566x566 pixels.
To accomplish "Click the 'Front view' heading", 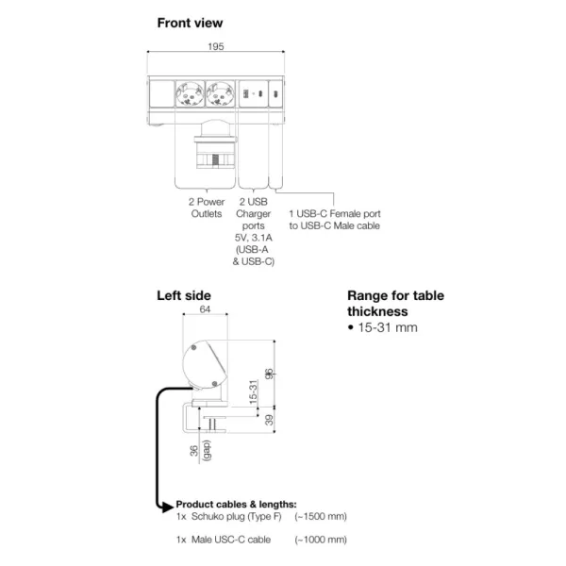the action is (x=190, y=23).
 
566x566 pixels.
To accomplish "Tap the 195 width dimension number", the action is (x=216, y=46).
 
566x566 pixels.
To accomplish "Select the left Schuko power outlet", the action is (x=190, y=93).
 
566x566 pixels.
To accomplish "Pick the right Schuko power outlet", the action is (x=220, y=93).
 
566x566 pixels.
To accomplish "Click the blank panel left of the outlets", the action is (x=161, y=93).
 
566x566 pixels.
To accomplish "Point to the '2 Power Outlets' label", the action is (x=207, y=208).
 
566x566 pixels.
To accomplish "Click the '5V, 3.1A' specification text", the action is (x=254, y=238).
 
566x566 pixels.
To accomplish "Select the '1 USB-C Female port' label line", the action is (x=335, y=214).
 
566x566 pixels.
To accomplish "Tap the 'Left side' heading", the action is (x=184, y=295).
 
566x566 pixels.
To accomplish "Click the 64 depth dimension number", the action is (x=205, y=309).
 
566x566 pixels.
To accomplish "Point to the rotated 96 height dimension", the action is (x=269, y=374).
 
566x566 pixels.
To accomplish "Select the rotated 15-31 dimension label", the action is (x=254, y=391).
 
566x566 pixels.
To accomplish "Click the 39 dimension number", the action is (x=269, y=420).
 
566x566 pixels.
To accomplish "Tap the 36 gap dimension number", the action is (x=194, y=451).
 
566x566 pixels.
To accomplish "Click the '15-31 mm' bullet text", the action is (x=388, y=327).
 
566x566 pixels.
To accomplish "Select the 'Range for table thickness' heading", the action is (x=395, y=304).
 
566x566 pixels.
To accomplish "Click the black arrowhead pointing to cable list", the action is (x=168, y=507).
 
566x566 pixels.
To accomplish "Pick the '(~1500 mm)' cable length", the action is (x=321, y=517).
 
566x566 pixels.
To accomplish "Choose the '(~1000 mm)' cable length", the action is (x=321, y=540).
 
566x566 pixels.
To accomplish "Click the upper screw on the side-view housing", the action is (x=193, y=347).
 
